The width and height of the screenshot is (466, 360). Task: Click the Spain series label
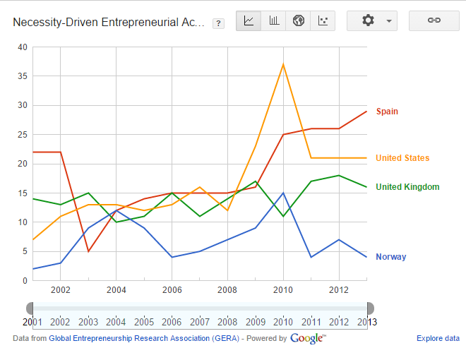coord(387,112)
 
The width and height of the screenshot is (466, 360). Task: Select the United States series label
coord(402,158)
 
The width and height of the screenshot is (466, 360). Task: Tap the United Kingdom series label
coord(407,187)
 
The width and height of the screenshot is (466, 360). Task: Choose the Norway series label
coord(390,257)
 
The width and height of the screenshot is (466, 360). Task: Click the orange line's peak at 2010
coord(283,64)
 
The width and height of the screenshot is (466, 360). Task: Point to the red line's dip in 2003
coord(88,251)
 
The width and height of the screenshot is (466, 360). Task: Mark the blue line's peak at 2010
coord(283,193)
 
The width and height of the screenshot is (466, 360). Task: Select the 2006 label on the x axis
coord(172,290)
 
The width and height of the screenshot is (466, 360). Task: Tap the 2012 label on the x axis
coord(339,290)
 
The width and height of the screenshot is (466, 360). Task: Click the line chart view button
coord(249,20)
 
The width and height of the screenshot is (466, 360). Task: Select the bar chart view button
coord(274,20)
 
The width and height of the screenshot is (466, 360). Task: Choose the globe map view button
coord(299,20)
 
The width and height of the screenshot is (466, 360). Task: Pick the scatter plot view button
coord(323,20)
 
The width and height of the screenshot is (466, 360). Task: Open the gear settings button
coord(372,20)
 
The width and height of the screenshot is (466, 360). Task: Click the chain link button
coord(434,20)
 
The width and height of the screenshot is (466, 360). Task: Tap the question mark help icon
coord(218,23)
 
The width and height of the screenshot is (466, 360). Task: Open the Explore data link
coord(438,338)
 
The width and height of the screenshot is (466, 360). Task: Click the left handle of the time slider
coord(30,308)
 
